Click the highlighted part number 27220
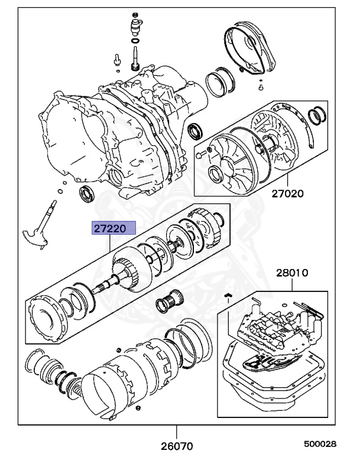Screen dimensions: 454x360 tap(112, 228)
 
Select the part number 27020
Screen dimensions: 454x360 tap(287, 193)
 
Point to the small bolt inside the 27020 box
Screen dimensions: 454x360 tap(202, 155)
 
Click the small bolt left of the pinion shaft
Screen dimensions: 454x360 tap(118, 59)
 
